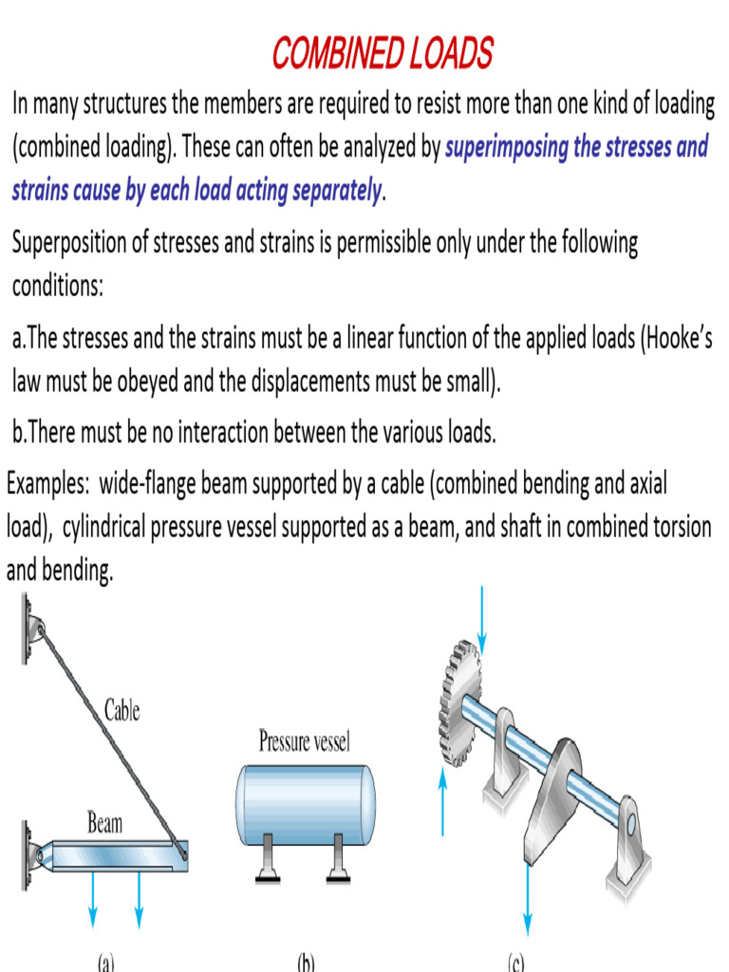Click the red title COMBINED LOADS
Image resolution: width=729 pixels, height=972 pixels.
[383, 53]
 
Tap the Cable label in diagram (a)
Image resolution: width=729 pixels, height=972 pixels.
[121, 709]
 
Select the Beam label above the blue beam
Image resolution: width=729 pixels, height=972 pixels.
[104, 822]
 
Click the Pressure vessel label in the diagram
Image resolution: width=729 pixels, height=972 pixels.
[304, 741]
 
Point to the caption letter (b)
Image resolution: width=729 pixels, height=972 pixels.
[305, 963]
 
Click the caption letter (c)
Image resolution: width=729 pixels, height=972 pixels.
[515, 963]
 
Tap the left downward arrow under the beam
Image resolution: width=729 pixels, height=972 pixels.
[93, 897]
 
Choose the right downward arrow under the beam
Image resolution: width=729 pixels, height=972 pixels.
[139, 897]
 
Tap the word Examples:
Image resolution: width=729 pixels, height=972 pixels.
[47, 484]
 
